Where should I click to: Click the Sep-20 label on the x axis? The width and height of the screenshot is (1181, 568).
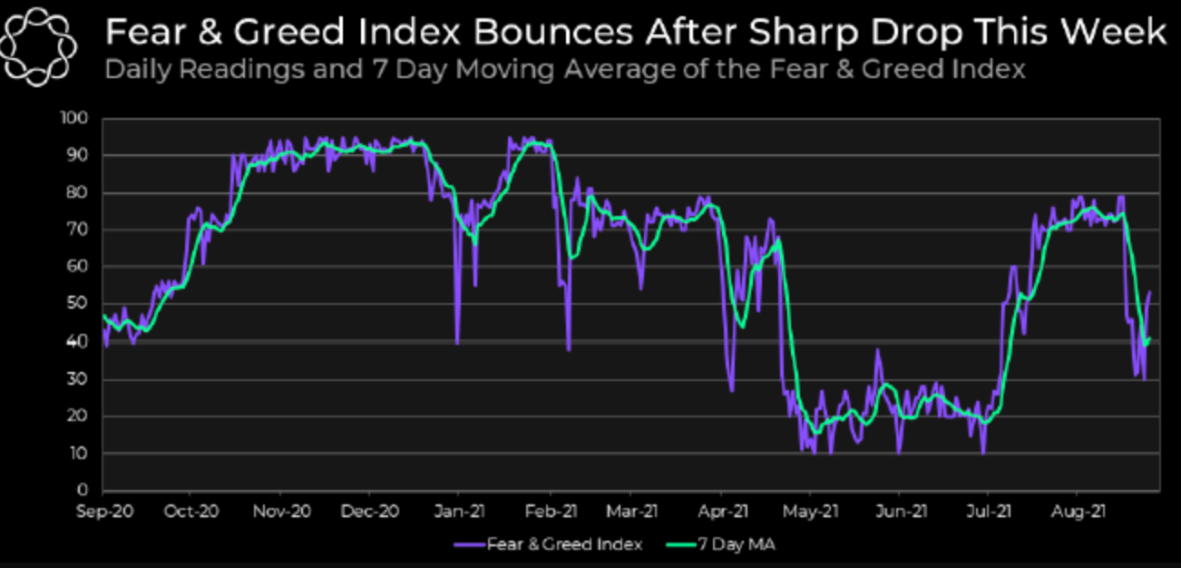click(x=105, y=512)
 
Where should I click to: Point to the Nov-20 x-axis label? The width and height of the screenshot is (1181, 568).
click(x=282, y=512)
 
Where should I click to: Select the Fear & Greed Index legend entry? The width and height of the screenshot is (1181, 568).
click(x=551, y=544)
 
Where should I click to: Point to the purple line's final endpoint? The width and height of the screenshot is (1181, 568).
click(x=1150, y=292)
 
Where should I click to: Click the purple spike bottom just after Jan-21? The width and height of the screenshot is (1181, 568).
click(x=457, y=343)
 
